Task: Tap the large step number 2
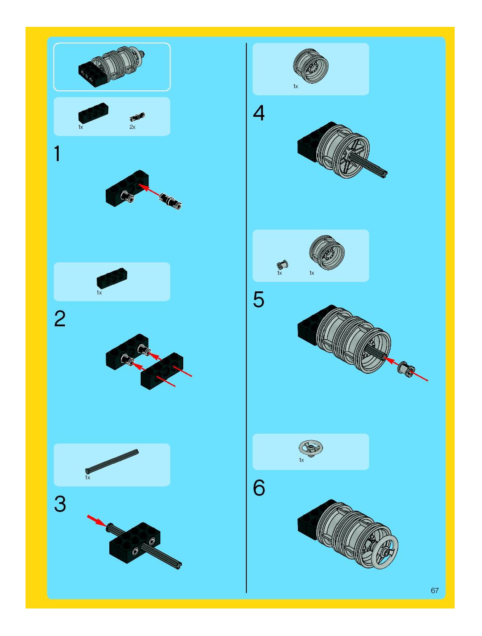(x=60, y=319)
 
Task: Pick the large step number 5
(x=258, y=300)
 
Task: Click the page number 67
(x=435, y=591)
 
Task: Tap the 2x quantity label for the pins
(x=132, y=127)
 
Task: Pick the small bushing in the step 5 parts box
(x=283, y=264)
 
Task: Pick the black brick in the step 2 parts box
(x=112, y=278)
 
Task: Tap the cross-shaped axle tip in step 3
(x=179, y=566)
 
